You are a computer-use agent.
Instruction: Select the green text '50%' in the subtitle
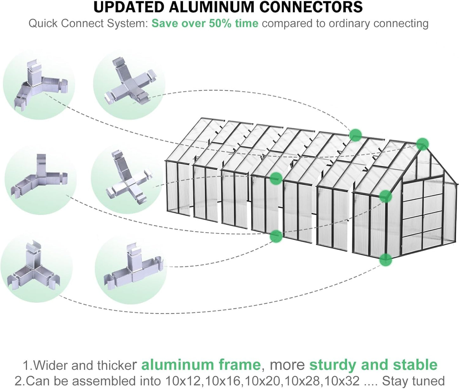tap(220, 23)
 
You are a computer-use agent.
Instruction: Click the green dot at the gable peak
tap(422, 144)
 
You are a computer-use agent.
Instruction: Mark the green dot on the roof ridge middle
tap(355, 135)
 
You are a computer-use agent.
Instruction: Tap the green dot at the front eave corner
tap(386, 196)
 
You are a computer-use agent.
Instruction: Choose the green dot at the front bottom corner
tap(386, 260)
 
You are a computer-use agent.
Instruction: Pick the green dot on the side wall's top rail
tap(276, 178)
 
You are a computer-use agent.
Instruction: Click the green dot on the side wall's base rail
tap(276, 236)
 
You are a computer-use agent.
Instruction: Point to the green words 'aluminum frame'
tap(201, 365)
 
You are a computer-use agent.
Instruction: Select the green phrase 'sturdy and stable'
tap(373, 365)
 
